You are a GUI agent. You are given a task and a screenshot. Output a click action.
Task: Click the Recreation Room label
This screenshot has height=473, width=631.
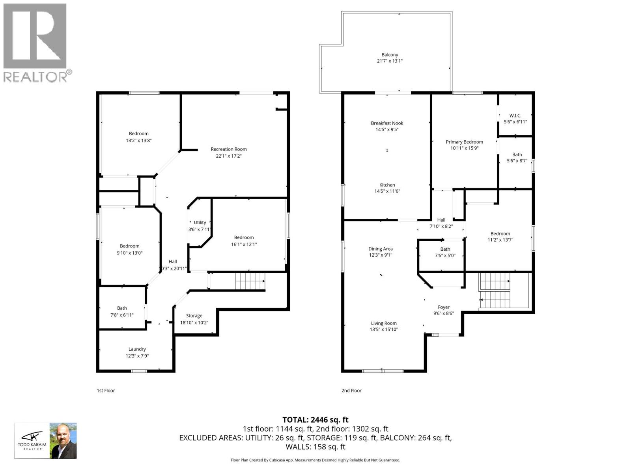coord(229,149)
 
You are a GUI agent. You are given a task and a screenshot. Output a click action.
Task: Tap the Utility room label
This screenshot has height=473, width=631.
coord(200,222)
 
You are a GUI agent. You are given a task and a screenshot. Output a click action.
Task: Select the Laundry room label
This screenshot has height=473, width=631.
coord(137,349)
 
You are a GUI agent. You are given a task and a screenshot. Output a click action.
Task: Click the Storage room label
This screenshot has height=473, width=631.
coord(194,316)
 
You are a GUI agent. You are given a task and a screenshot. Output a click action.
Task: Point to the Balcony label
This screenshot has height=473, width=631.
coord(390,55)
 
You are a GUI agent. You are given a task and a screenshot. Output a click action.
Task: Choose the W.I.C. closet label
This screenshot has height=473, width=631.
coord(515,115)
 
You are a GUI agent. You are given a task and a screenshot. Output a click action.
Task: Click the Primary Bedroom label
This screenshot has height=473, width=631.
coord(464,142)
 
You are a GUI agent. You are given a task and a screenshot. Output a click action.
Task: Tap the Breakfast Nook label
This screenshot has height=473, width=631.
coord(387,123)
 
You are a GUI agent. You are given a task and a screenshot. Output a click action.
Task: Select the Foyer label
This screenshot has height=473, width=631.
coord(444,307)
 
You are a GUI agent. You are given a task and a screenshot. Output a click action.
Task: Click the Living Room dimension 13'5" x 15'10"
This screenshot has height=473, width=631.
coord(384,330)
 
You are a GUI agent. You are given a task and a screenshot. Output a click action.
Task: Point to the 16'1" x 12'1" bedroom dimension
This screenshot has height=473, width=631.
coord(244,244)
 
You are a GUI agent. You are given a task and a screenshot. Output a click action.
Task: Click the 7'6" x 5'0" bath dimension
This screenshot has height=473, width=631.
coord(445,255)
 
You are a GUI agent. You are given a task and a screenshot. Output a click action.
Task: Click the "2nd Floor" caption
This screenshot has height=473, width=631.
coord(351,391)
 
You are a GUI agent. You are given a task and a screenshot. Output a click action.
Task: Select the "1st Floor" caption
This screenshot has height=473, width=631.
coord(106,391)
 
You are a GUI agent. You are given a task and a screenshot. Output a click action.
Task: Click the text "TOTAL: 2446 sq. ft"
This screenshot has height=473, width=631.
coord(315,420)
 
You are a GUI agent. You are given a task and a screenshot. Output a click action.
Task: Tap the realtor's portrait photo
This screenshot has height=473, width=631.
coord(63,441)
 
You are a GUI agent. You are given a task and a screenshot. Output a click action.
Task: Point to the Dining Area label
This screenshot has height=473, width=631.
coord(381,249)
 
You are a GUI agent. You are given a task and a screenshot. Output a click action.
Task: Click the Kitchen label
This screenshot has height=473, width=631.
coord(387,185)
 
